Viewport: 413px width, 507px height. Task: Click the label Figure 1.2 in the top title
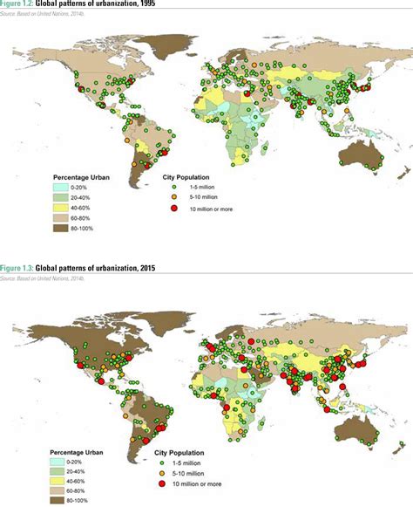point(17,3)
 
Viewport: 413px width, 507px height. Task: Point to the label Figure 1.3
point(17,267)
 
